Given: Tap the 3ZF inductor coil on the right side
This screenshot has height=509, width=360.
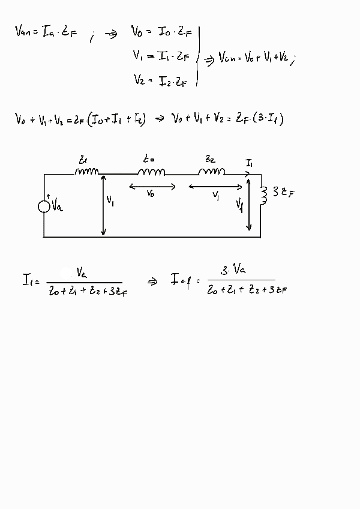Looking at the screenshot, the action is (x=262, y=194).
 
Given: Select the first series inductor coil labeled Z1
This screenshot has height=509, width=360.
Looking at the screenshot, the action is (x=88, y=172).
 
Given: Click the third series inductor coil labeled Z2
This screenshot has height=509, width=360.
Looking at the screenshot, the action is (x=212, y=172).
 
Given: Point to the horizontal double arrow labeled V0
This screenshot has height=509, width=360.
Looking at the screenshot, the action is (x=152, y=187).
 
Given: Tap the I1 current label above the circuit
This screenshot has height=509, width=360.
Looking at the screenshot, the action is (x=249, y=163).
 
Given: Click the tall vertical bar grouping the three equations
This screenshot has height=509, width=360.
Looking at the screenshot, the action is (x=197, y=57).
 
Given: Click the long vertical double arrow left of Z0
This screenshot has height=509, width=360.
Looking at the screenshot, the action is (x=104, y=204).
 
